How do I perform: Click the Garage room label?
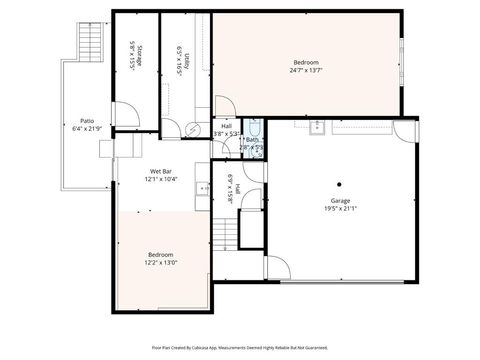click(x=341, y=201)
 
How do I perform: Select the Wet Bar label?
click(x=162, y=172)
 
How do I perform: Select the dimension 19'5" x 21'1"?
click(x=341, y=208)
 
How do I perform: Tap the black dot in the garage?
click(x=340, y=183)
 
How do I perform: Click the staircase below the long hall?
click(x=224, y=236)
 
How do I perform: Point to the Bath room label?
click(x=252, y=139)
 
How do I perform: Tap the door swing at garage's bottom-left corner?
click(x=272, y=267)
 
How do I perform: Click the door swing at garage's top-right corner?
click(x=403, y=130)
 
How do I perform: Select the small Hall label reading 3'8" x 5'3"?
click(x=226, y=132)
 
